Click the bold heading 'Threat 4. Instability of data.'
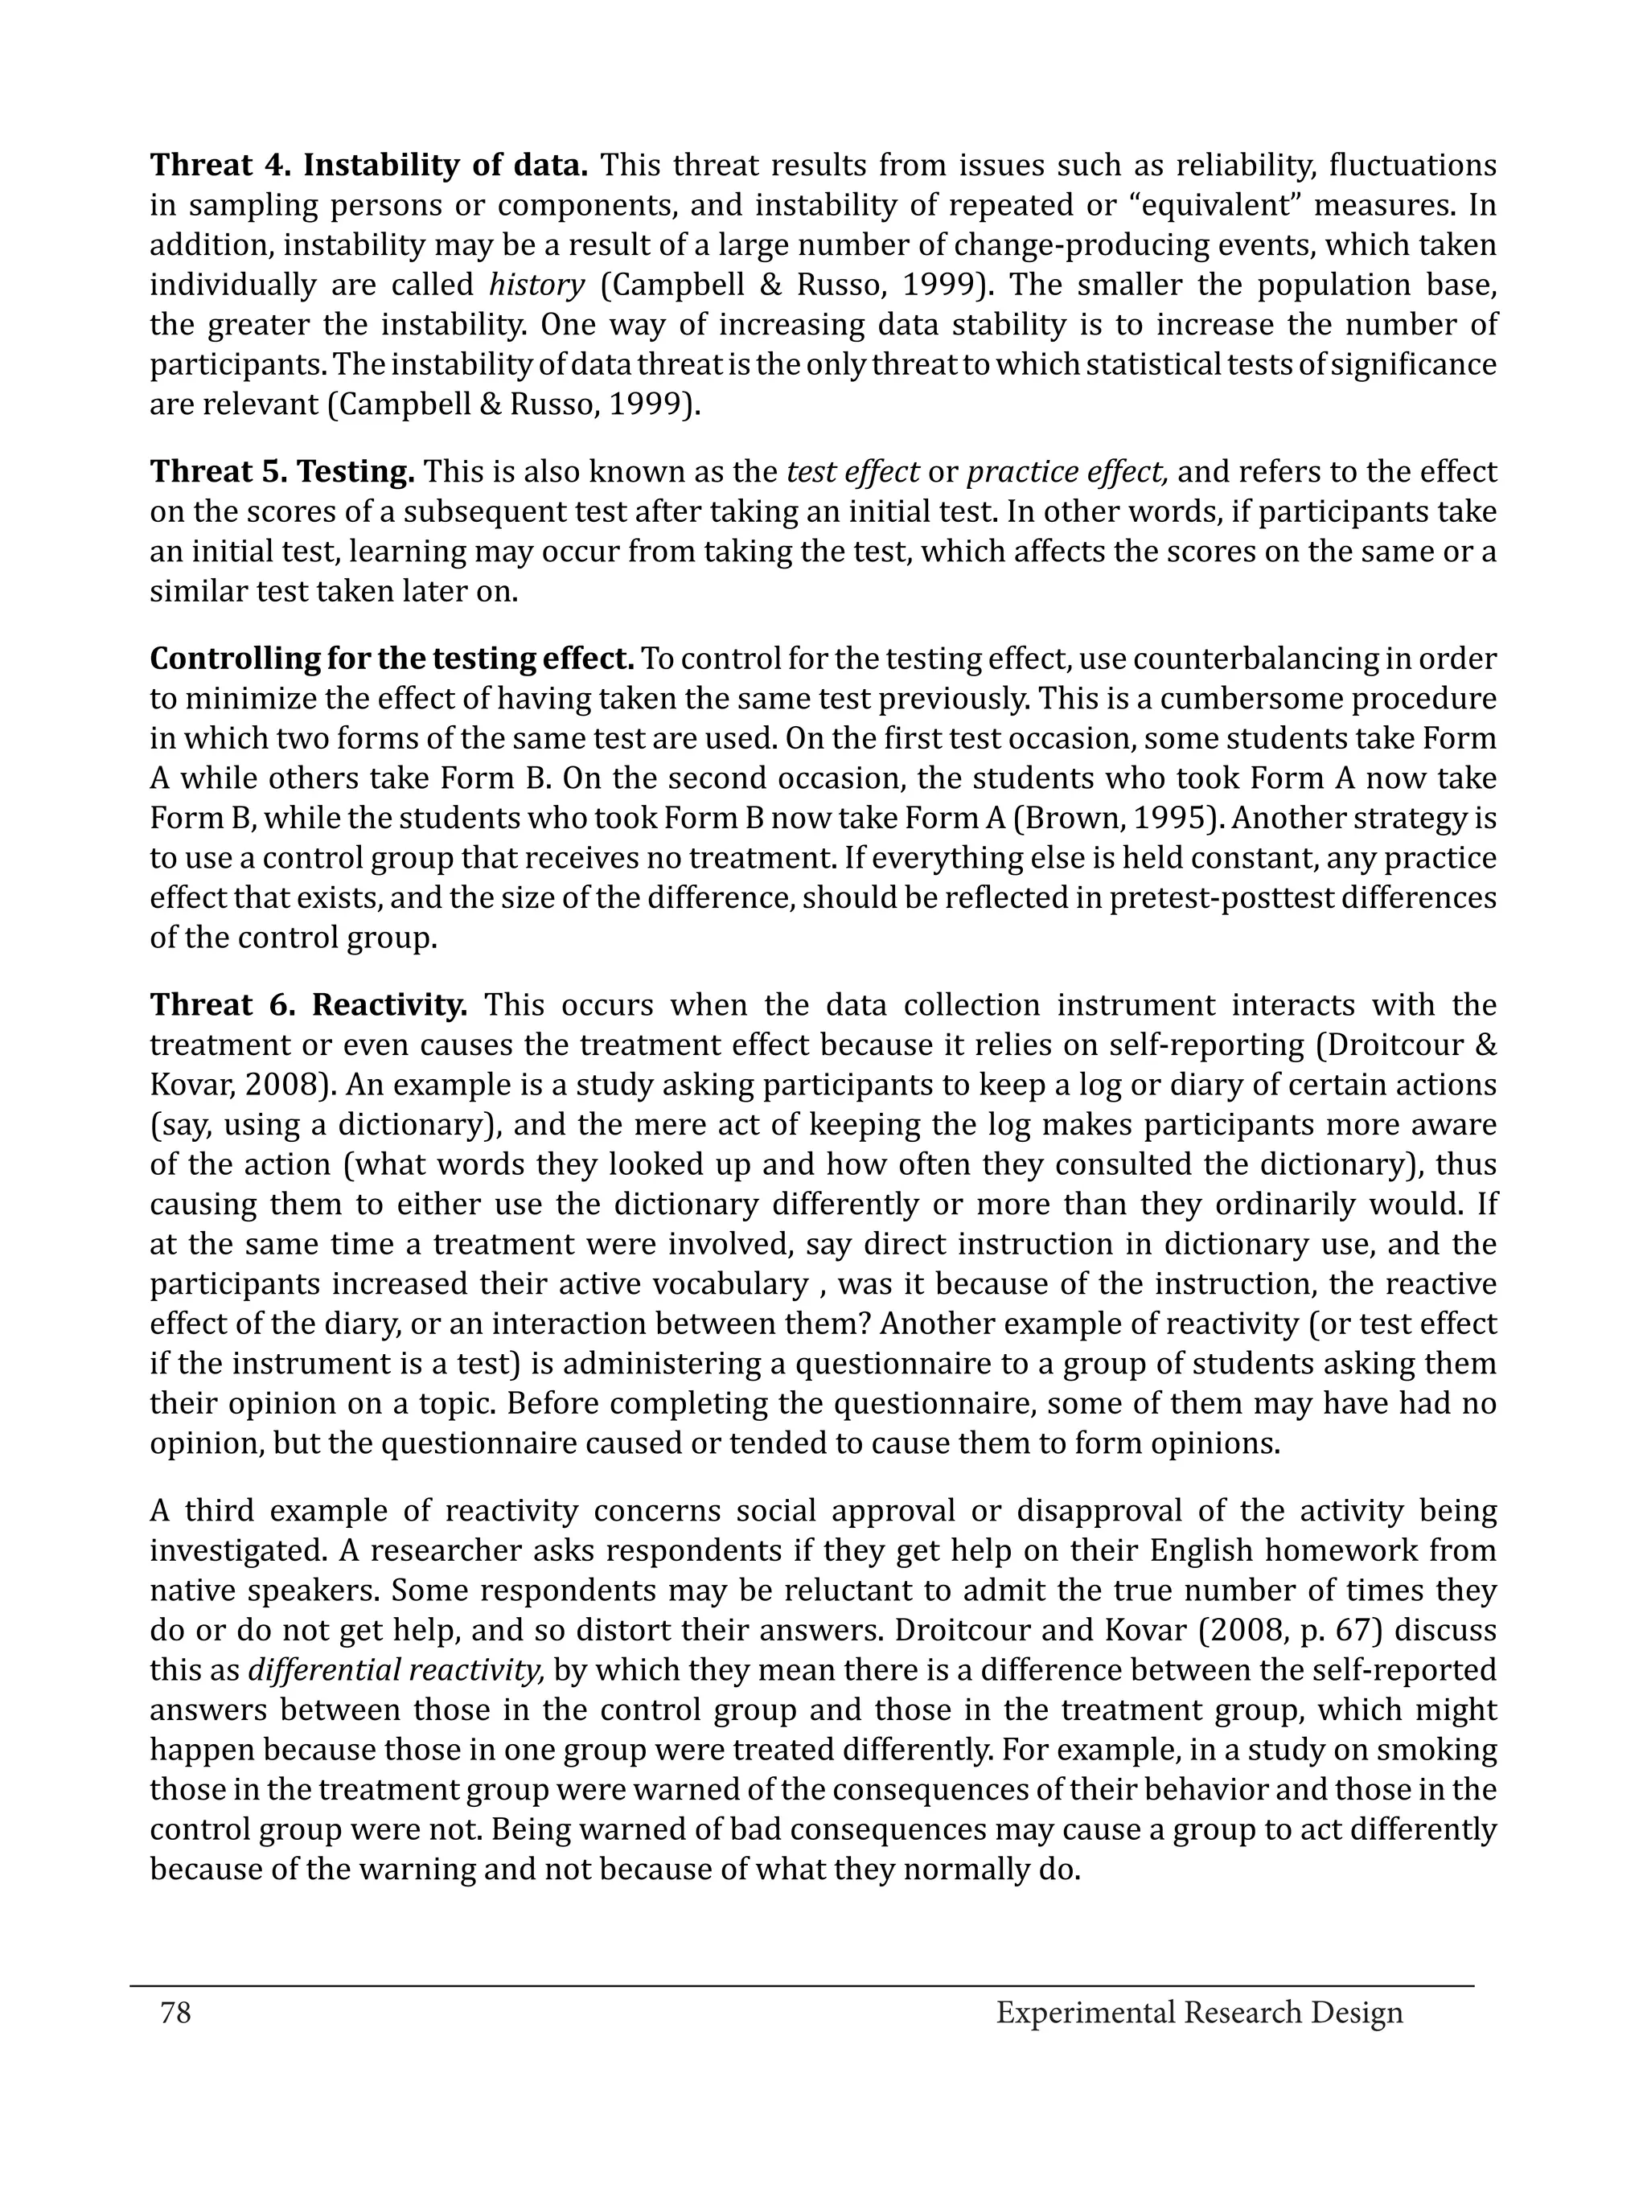pos(369,165)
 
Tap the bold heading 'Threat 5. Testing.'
pos(282,473)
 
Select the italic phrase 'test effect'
pos(852,473)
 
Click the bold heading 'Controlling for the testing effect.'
pos(392,659)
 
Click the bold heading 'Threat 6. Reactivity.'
pos(309,1006)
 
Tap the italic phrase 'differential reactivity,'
pos(396,1671)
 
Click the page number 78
pos(175,2012)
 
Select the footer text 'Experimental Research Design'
pos(1199,2012)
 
